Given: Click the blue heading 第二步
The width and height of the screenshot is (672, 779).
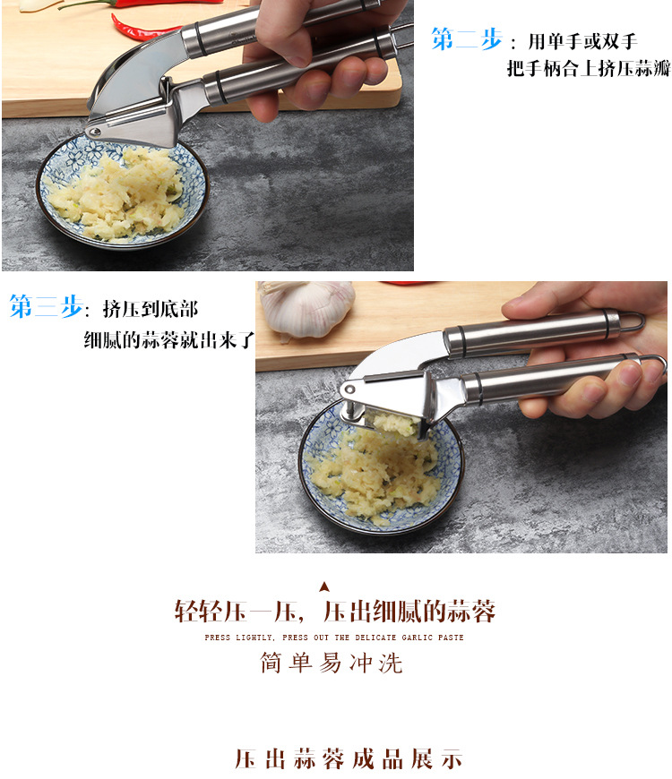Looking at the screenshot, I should click(x=466, y=39).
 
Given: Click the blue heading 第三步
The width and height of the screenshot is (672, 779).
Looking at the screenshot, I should click(x=45, y=307).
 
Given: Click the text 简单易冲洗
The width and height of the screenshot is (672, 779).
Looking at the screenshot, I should click(x=332, y=663).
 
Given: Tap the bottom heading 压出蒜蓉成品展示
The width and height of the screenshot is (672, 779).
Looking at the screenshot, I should click(x=349, y=759).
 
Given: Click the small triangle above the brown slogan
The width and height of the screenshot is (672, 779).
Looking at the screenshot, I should click(x=324, y=587).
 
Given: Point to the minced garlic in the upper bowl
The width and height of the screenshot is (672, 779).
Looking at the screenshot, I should click(x=116, y=193).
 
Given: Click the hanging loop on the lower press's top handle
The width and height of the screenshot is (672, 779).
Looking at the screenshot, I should click(x=633, y=321).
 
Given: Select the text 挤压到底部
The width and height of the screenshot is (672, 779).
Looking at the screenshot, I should click(x=150, y=309).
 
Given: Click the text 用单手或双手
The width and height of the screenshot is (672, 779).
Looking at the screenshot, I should click(x=582, y=41).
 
